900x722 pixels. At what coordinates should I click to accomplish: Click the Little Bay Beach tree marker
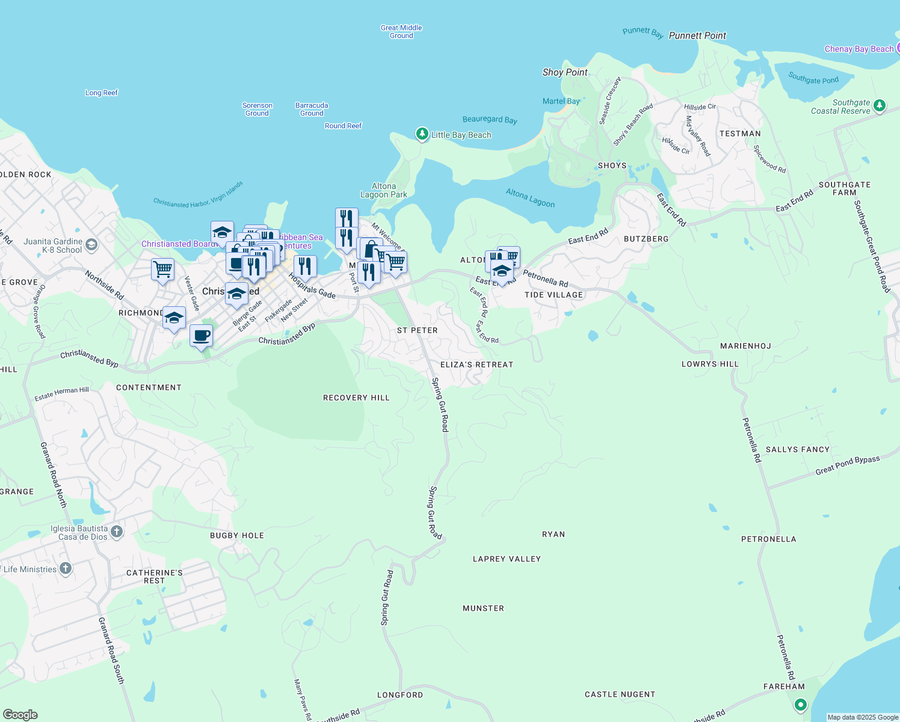point(422,134)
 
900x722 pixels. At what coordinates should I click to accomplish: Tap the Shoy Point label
point(565,72)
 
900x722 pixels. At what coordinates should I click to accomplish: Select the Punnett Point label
point(697,35)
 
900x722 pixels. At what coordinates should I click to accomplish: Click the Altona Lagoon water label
point(530,198)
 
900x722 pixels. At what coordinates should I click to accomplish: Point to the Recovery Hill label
point(356,398)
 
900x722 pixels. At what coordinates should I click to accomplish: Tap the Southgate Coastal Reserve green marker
point(880,106)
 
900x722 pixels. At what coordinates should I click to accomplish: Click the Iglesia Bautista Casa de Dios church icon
point(117,532)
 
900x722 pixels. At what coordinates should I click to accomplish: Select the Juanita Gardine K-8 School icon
point(91,244)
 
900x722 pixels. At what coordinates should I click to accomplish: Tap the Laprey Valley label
point(507,559)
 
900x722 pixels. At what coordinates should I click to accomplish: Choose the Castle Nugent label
point(620,694)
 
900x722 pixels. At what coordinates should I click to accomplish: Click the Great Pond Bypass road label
point(847,465)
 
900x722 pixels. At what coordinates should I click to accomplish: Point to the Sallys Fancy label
point(797,449)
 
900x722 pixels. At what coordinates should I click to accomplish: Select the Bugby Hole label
point(237,535)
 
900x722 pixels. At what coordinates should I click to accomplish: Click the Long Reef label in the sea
point(102,93)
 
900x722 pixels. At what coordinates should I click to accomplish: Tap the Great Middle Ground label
point(401,31)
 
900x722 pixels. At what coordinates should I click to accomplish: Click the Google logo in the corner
point(20,714)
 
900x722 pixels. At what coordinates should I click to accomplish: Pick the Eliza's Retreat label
point(476,365)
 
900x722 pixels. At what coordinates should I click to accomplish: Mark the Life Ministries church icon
point(66,569)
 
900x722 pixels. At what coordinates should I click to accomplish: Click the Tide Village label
point(553,295)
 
